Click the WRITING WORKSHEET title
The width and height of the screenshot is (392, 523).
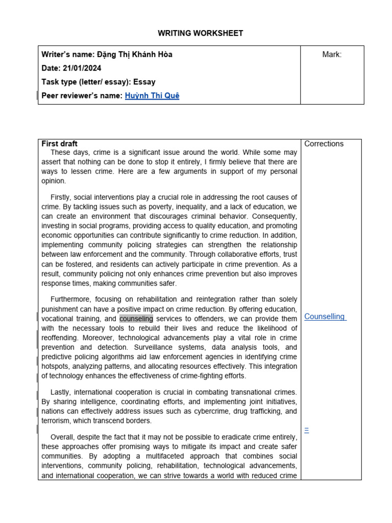pos(200,33)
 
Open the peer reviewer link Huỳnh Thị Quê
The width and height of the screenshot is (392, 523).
pos(152,96)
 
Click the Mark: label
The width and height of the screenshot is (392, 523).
pos(332,55)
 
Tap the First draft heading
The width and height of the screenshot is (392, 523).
pos(59,144)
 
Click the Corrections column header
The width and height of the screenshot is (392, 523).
pos(324,144)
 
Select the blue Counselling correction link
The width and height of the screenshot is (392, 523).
pos(325,317)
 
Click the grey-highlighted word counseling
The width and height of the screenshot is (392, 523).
pos(136,319)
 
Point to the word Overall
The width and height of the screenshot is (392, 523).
pos(63,437)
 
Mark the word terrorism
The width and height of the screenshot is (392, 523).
pos(56,421)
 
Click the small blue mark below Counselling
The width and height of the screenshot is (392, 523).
pos(306,430)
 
